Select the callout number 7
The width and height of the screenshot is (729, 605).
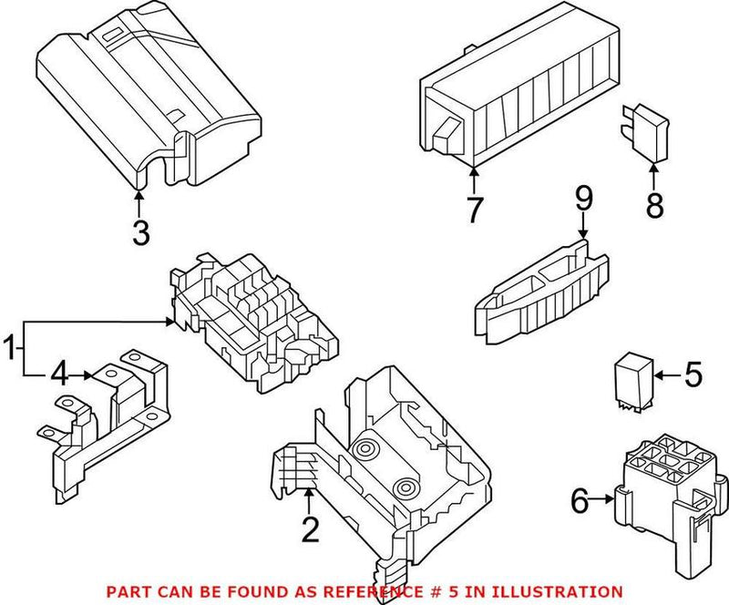pyautogui.click(x=473, y=210)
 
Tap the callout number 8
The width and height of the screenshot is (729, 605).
pyautogui.click(x=655, y=206)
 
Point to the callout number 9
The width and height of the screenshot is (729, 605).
pyautogui.click(x=583, y=196)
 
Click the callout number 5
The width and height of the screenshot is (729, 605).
pyautogui.click(x=693, y=374)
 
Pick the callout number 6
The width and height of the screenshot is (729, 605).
pyautogui.click(x=579, y=499)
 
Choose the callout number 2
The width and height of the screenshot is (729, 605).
pyautogui.click(x=311, y=529)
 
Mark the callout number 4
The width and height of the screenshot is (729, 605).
pyautogui.click(x=60, y=374)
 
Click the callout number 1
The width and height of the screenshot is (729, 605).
pyautogui.click(x=11, y=349)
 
